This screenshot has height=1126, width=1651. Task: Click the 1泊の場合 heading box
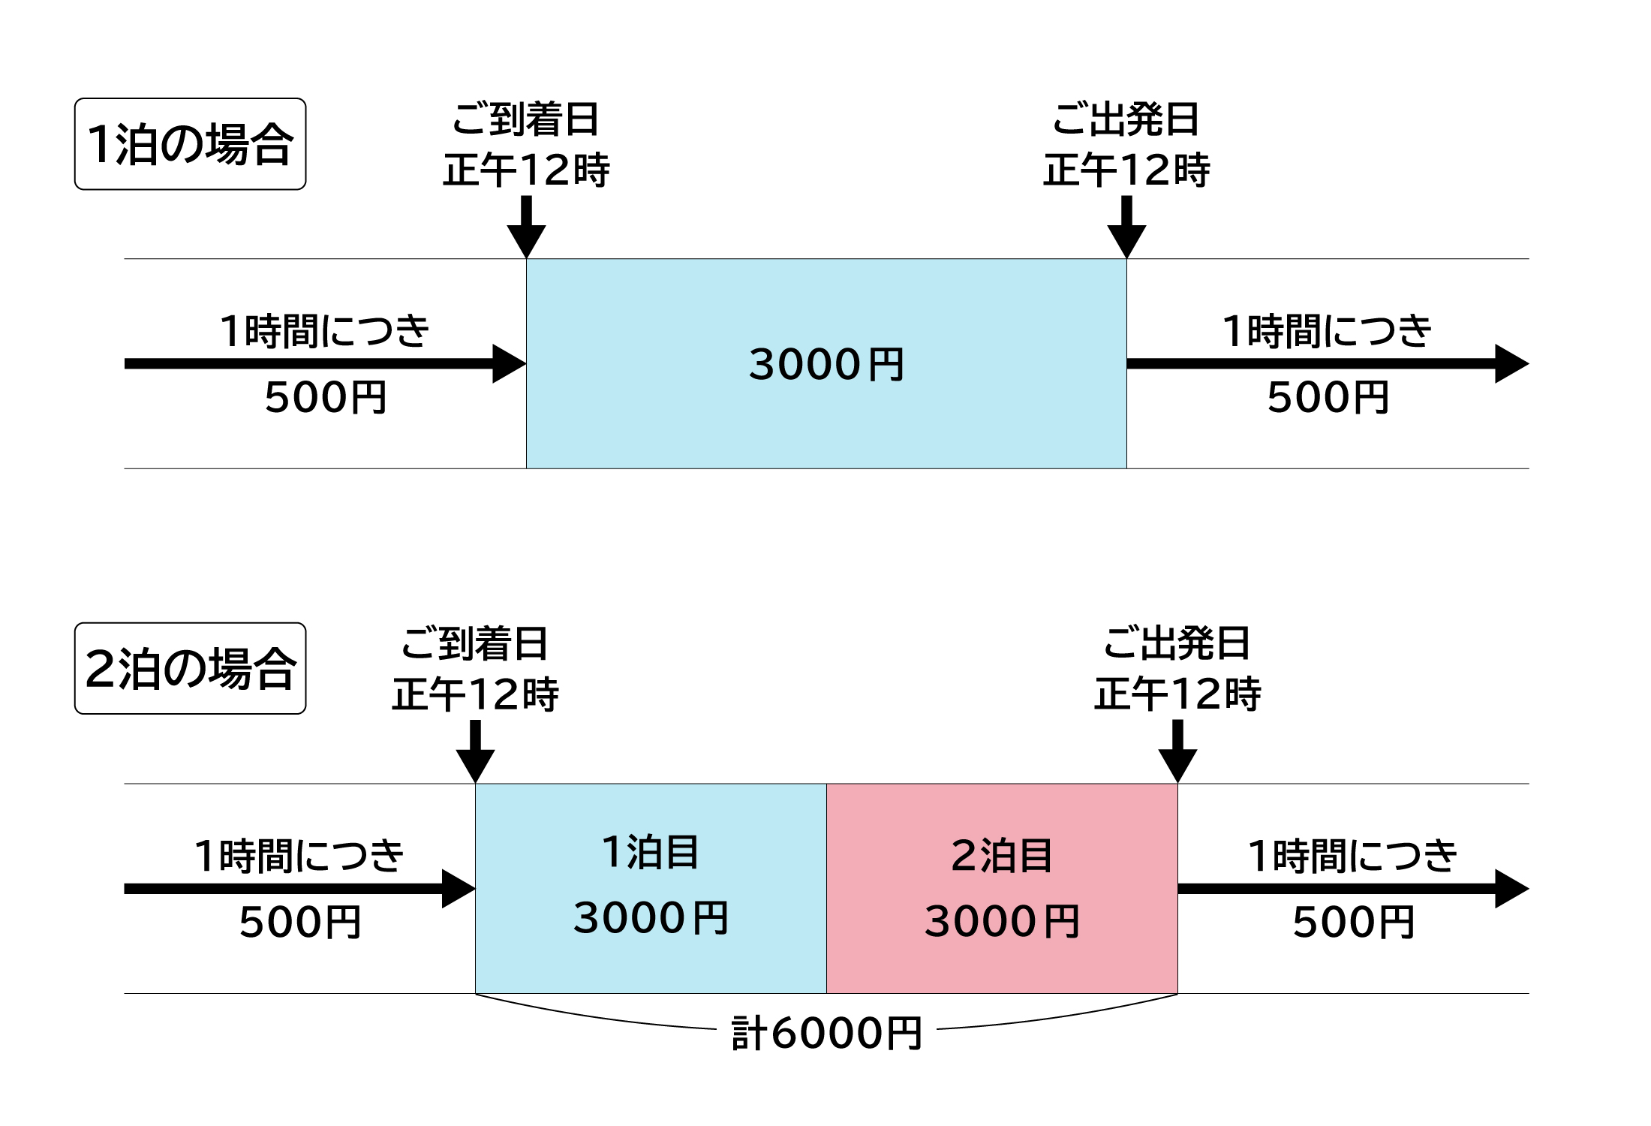click(x=190, y=143)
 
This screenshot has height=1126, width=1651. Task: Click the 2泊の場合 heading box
click(x=190, y=668)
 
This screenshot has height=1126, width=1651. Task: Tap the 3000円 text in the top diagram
click(x=826, y=365)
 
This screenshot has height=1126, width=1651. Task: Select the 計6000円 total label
click(x=826, y=1033)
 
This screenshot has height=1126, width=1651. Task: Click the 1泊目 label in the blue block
click(x=651, y=852)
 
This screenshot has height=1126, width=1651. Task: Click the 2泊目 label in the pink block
click(x=1002, y=856)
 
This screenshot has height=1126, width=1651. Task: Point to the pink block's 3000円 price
click(x=1002, y=922)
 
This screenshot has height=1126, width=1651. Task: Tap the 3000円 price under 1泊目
click(x=651, y=918)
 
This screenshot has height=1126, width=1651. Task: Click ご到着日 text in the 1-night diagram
click(x=525, y=119)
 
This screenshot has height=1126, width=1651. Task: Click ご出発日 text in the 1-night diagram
click(x=1126, y=119)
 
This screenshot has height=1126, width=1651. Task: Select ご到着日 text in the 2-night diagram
click(x=474, y=643)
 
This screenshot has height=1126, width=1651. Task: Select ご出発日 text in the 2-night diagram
click(x=1177, y=643)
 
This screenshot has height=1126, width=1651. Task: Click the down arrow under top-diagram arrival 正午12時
click(x=526, y=229)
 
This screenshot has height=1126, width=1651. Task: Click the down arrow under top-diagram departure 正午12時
click(x=1126, y=229)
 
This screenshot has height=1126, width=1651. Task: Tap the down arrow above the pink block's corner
click(x=1177, y=753)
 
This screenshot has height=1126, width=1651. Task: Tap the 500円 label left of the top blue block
click(x=326, y=398)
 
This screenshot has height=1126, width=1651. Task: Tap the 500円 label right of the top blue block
click(x=1328, y=398)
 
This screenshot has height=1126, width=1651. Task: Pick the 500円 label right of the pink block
click(x=1354, y=923)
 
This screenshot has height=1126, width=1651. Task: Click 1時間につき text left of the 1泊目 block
click(x=299, y=856)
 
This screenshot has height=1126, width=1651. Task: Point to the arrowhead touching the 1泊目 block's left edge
click(x=459, y=889)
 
